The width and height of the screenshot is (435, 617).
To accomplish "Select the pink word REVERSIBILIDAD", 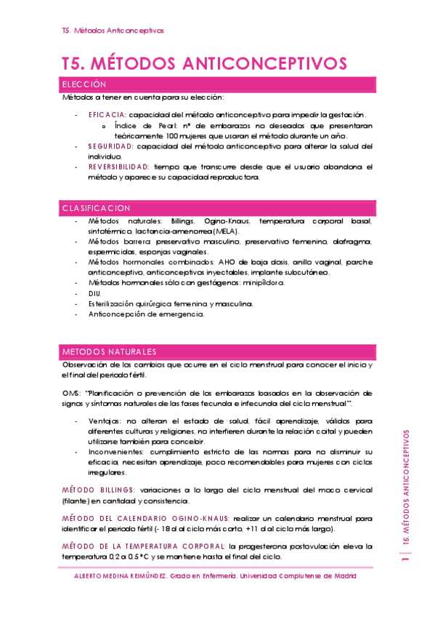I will tap(118, 167).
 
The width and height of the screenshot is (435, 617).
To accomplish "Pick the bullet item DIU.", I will tap(95, 292).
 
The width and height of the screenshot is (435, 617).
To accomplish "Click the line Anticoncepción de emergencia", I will tap(146, 314).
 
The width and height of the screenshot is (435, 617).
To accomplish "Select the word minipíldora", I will tap(262, 282).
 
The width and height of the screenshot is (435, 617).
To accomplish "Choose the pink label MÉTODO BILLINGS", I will tap(98, 490).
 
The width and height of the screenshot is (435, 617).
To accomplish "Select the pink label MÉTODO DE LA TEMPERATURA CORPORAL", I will tap(144, 546).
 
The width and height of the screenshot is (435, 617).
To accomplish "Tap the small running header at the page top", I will tap(113, 31).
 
